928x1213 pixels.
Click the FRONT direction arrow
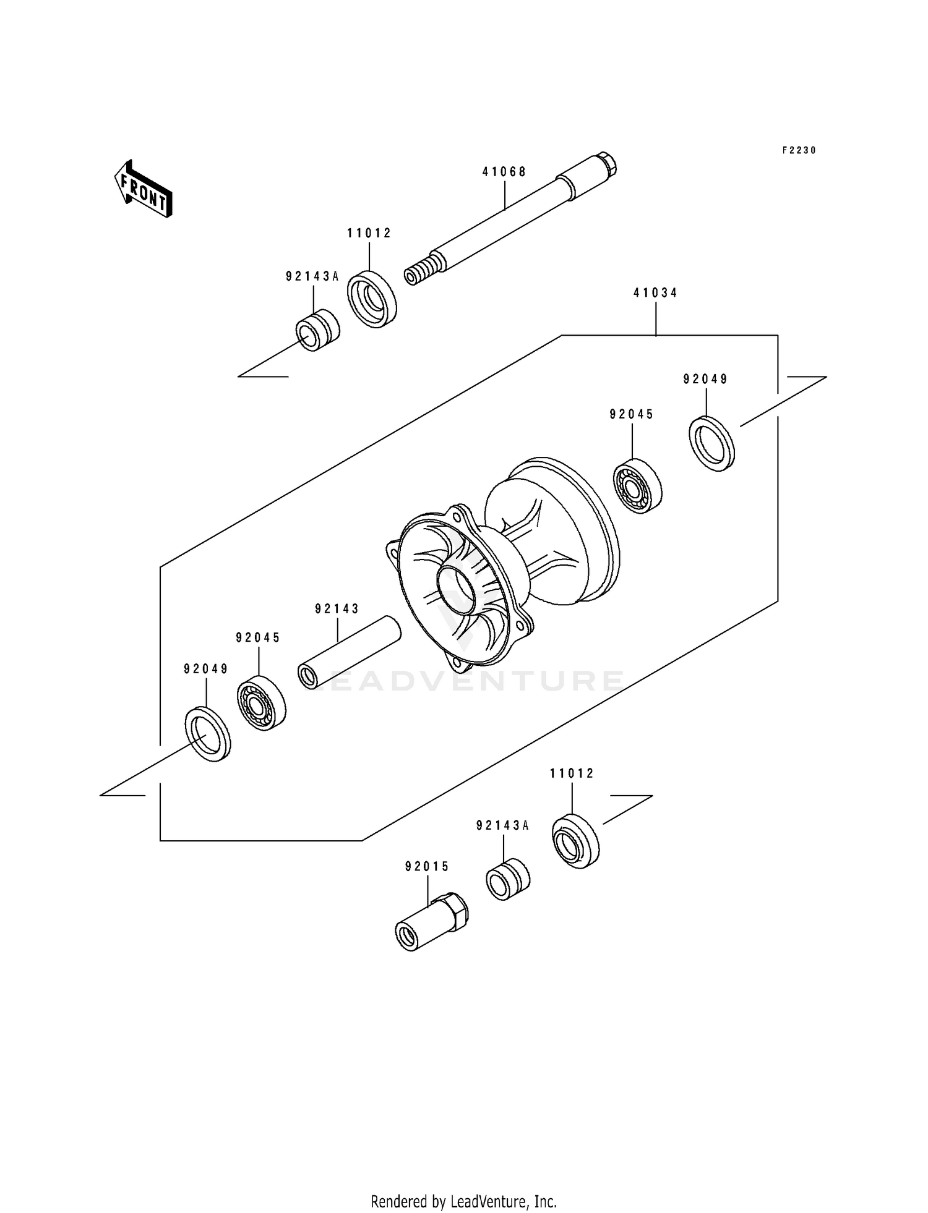coord(143,190)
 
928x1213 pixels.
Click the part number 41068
coord(504,172)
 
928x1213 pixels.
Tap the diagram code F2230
coord(799,150)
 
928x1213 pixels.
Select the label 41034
coord(655,293)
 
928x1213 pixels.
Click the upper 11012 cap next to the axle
coord(371,299)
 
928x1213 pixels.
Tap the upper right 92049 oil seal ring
coord(711,444)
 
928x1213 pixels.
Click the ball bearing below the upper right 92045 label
coord(637,486)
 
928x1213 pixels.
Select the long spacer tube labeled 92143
coord(350,652)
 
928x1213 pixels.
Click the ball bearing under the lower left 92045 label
coord(261,704)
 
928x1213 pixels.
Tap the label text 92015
coord(427,867)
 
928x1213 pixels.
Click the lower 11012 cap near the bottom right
coord(575,841)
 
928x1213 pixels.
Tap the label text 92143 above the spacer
coord(337,609)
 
